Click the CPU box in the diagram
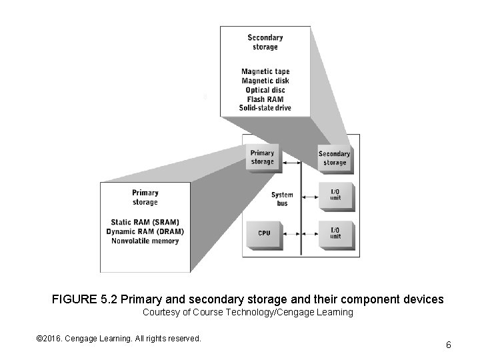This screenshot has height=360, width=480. (x=264, y=233)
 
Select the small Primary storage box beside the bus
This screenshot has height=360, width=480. (x=262, y=158)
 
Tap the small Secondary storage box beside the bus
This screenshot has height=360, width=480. (x=334, y=159)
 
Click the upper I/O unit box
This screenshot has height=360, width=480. (x=335, y=195)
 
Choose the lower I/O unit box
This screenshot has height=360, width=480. (x=335, y=233)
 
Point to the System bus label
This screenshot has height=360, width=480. (x=282, y=199)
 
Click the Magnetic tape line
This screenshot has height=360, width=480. (x=265, y=72)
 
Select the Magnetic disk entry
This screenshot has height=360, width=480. (x=265, y=81)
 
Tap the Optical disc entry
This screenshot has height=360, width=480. (x=265, y=90)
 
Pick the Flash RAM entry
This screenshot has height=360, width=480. (x=265, y=99)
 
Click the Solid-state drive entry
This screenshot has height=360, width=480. (x=265, y=108)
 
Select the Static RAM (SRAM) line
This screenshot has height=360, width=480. (x=145, y=222)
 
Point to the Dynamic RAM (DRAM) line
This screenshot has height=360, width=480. (x=145, y=231)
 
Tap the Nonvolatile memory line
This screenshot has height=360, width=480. (x=145, y=241)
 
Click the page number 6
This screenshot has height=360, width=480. (x=449, y=345)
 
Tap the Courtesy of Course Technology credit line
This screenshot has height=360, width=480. (x=248, y=313)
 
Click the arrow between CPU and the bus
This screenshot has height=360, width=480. (x=291, y=233)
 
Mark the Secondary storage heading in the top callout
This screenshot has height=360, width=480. (x=265, y=43)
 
